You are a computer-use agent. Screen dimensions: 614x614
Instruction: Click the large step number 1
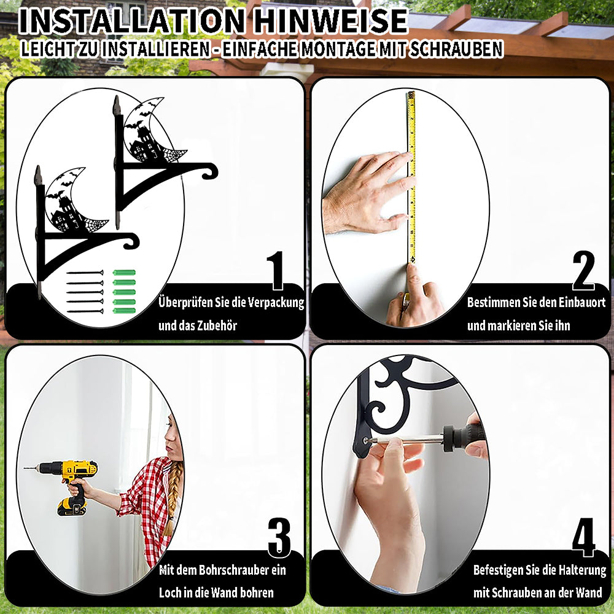pyautogui.click(x=276, y=270)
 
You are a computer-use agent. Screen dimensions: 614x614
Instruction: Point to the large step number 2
pyautogui.click(x=583, y=270)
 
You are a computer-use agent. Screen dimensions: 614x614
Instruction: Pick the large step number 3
pyautogui.click(x=279, y=537)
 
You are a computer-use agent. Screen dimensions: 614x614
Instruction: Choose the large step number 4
pyautogui.click(x=583, y=537)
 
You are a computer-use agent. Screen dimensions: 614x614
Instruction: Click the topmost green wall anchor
pyautogui.click(x=124, y=273)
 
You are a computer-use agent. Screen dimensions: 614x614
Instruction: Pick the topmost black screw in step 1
pyautogui.click(x=85, y=273)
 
